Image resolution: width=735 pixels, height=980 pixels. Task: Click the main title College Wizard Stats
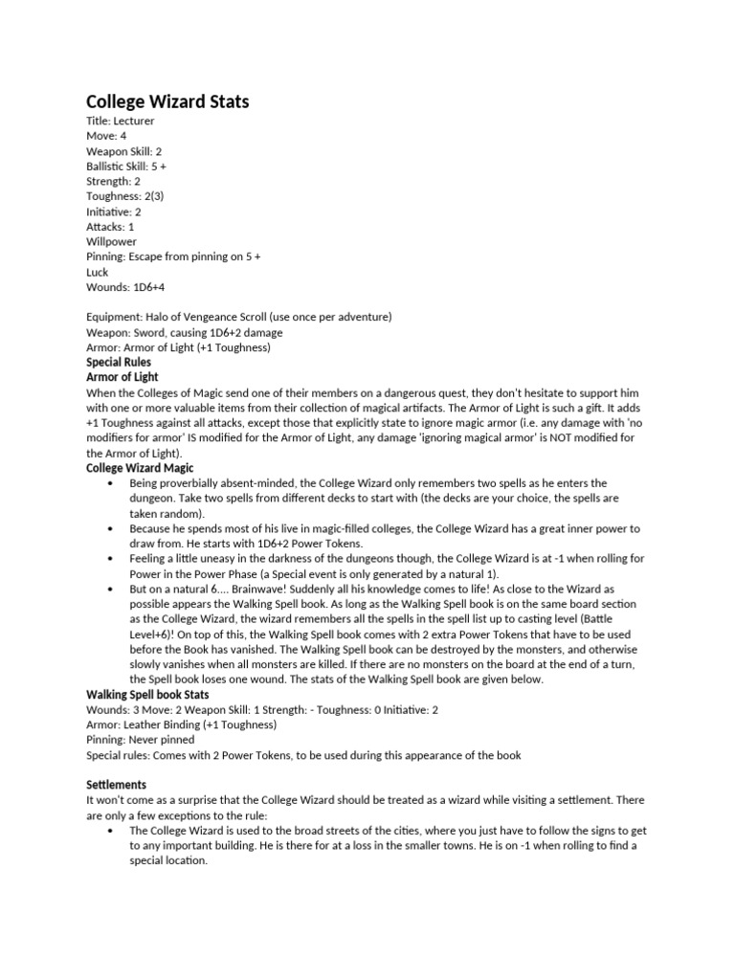(167, 101)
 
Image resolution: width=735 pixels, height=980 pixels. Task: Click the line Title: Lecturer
(121, 122)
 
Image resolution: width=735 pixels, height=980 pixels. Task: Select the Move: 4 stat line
(106, 137)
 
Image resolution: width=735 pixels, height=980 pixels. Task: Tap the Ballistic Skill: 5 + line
(126, 167)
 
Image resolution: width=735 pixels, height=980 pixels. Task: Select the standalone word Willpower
(112, 242)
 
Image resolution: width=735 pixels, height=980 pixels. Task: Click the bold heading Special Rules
(119, 363)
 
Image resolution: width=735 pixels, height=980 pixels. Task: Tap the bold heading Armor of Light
(122, 378)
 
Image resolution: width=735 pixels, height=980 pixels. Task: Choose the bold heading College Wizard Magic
(140, 468)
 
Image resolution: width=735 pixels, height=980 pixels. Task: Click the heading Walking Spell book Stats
(147, 694)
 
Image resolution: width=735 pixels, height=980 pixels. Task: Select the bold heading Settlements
(117, 784)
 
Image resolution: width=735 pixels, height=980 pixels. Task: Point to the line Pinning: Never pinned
(141, 740)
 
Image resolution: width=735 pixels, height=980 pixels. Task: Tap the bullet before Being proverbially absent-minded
(112, 483)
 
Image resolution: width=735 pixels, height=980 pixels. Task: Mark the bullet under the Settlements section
(112, 831)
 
